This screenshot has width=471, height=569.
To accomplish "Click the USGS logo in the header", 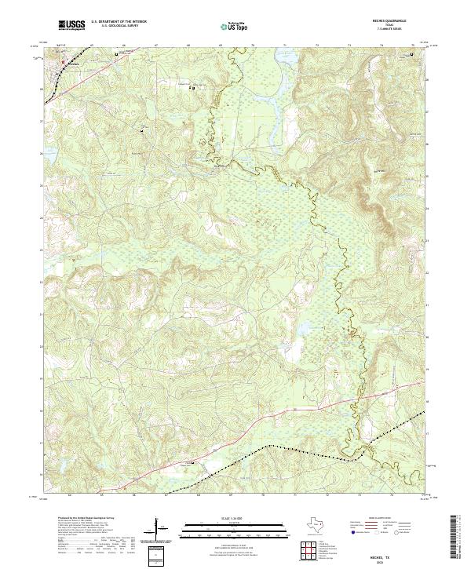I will point(70,26).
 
